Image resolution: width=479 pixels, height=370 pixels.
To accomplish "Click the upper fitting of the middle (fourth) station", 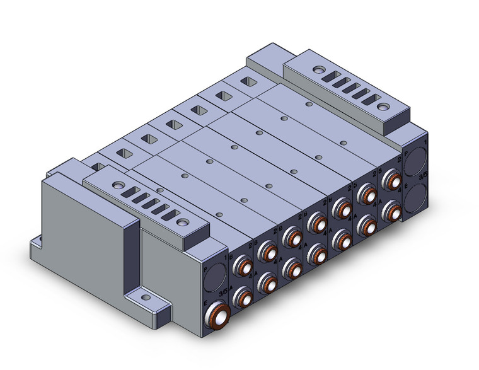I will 315,223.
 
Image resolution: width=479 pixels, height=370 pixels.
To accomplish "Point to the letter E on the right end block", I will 407,178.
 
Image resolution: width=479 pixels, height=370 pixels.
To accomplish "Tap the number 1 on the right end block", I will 427,144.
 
